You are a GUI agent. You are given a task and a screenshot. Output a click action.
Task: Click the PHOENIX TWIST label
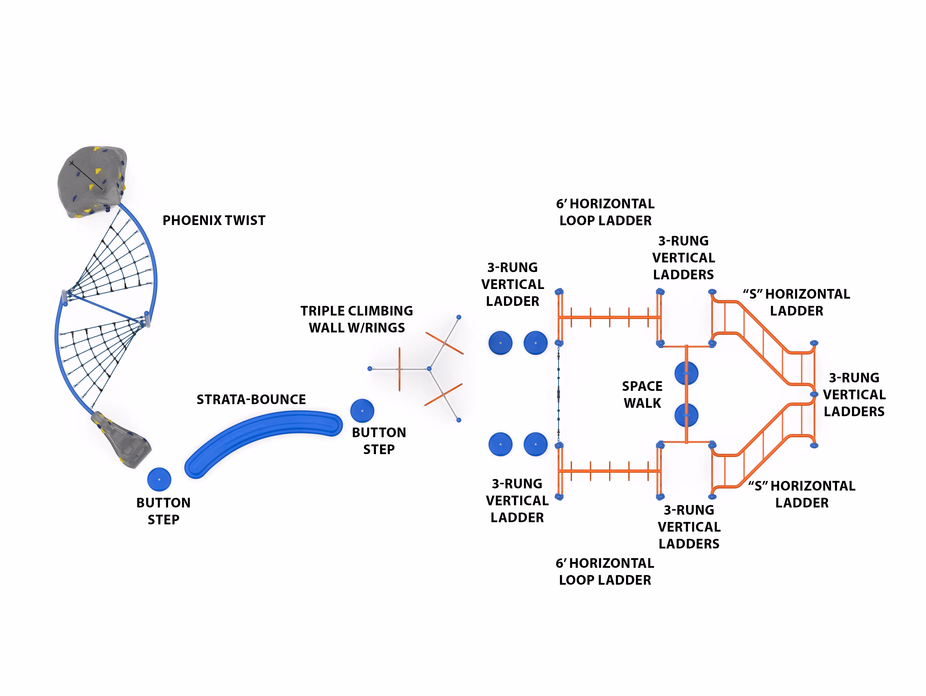tap(214, 220)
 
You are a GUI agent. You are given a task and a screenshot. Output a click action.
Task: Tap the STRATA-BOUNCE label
tap(251, 399)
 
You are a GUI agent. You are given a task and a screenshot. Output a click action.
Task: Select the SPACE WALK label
tap(642, 394)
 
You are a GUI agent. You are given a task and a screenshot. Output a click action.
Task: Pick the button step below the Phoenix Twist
tap(159, 479)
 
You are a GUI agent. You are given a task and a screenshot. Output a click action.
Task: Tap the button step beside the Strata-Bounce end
tap(362, 411)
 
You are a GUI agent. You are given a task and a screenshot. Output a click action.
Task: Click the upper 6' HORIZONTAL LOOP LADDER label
tap(605, 212)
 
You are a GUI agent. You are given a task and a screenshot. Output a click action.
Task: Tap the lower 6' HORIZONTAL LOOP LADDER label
tap(605, 571)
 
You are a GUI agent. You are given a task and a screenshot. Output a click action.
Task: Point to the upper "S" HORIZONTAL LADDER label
tap(797, 302)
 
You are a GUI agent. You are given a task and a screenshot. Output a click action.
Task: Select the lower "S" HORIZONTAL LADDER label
tap(802, 494)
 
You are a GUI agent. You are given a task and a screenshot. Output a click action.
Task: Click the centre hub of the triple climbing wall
tap(429, 369)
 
